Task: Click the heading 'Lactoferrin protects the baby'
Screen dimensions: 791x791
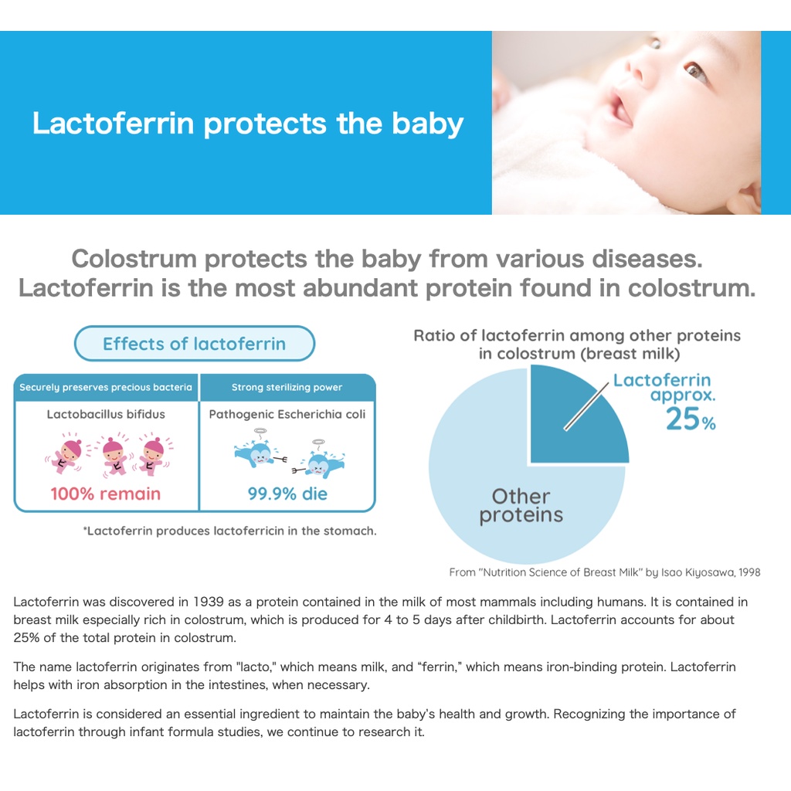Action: pos(248,124)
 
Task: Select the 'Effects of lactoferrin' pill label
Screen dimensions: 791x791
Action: pos(194,344)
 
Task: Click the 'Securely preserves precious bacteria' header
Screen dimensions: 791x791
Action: pos(106,388)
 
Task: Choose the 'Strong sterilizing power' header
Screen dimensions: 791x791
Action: pos(287,388)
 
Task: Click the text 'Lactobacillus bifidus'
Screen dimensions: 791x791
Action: pos(106,414)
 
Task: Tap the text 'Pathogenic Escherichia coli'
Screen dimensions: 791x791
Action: pos(287,414)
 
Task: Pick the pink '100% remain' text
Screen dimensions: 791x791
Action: pos(105,494)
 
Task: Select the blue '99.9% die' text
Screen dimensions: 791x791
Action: pos(287,494)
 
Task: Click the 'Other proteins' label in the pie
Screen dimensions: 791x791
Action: pos(521,506)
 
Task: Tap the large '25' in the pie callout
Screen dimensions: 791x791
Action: pos(683,419)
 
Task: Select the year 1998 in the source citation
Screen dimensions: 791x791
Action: pos(749,572)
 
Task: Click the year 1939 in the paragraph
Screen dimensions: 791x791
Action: pos(209,602)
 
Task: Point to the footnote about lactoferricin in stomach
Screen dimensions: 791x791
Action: pos(229,531)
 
